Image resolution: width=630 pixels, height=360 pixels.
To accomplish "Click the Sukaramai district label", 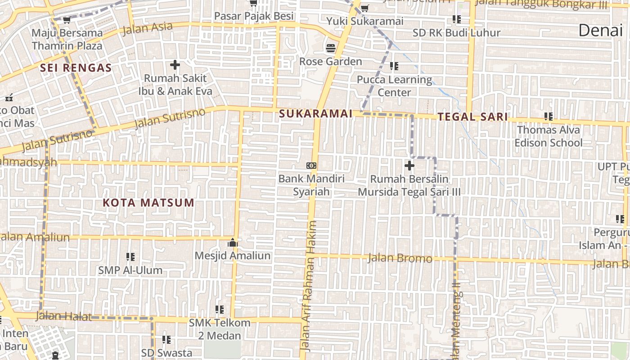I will [x=315, y=114].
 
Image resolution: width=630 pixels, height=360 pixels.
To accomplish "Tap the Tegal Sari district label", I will [x=472, y=117].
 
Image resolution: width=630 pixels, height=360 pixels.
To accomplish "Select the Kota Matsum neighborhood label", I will [x=148, y=202].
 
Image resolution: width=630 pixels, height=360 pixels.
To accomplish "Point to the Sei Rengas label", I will [x=76, y=68].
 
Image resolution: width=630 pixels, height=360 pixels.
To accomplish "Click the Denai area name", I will [x=600, y=30].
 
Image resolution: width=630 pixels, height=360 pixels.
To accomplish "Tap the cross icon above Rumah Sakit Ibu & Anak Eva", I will [x=175, y=65].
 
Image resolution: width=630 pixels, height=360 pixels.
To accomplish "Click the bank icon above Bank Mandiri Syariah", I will [x=311, y=166].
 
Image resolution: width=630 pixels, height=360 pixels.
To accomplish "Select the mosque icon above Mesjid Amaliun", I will [x=233, y=243].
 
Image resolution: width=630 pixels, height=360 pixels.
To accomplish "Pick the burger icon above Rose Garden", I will [x=331, y=48].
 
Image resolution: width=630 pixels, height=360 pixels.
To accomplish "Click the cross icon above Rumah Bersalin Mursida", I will [x=409, y=166].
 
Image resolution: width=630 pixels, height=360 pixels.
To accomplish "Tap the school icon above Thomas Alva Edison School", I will [x=548, y=117].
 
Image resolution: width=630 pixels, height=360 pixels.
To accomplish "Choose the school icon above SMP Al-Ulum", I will [x=130, y=257].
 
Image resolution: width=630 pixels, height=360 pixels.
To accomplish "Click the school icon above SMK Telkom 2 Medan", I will [x=219, y=310].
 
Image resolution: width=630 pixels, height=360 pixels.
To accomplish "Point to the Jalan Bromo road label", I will [x=400, y=258].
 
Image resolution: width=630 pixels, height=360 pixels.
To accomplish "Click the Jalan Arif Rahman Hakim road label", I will [x=310, y=286].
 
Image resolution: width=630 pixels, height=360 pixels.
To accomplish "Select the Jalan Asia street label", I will [x=147, y=28].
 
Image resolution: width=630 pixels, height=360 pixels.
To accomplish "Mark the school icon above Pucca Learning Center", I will [x=394, y=67].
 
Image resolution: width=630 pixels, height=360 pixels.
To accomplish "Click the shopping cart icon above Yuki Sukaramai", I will [x=364, y=8].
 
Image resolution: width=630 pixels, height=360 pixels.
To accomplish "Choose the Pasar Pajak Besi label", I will [x=253, y=16].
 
